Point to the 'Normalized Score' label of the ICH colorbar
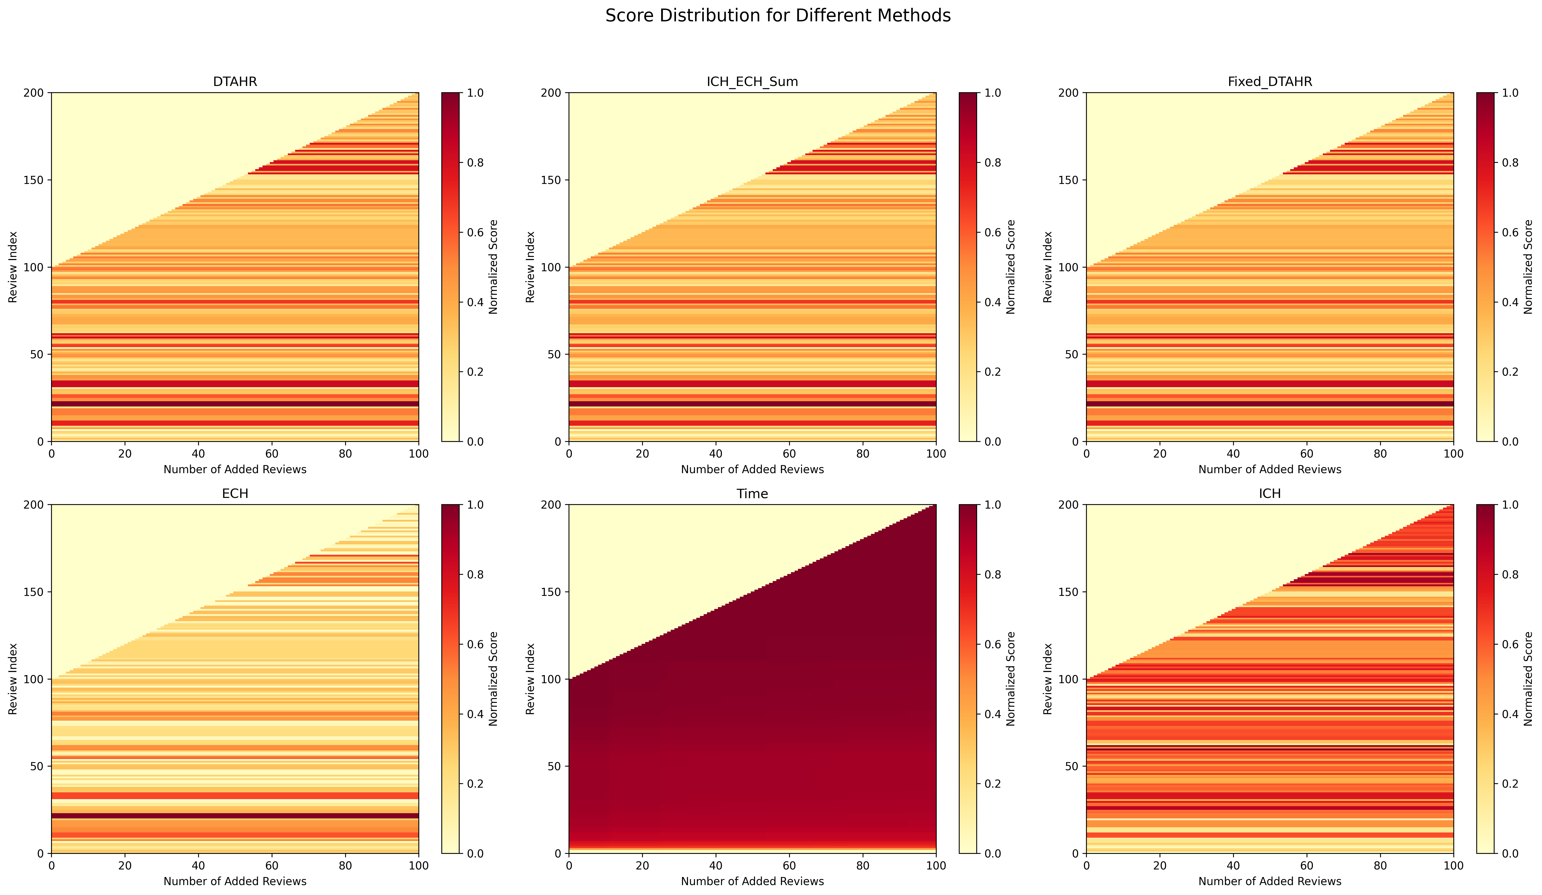pyautogui.click(x=1528, y=678)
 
